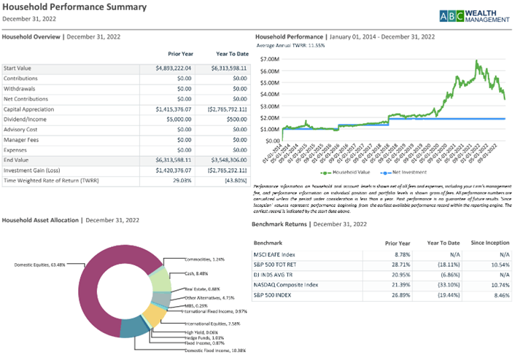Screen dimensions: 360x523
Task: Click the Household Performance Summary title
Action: (74, 7)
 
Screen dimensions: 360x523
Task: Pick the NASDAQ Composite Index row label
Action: (286, 284)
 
